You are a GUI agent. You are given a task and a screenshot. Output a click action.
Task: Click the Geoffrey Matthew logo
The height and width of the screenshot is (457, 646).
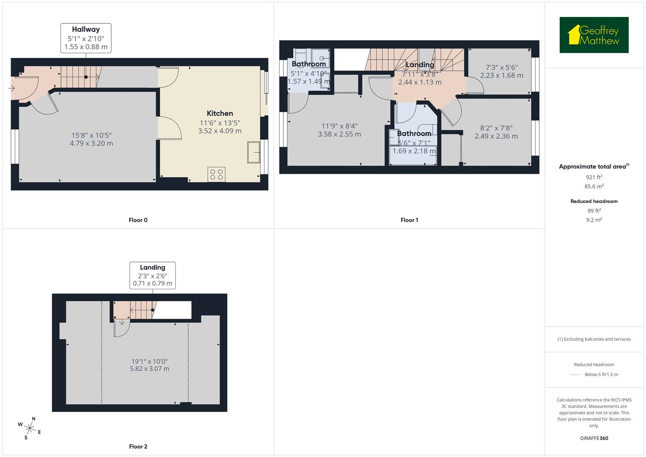[x=594, y=35]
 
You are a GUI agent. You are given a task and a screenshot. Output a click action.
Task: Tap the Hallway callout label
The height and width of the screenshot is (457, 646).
[x=86, y=38]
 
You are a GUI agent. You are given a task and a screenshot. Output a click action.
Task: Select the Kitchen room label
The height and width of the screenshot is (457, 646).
[x=220, y=113]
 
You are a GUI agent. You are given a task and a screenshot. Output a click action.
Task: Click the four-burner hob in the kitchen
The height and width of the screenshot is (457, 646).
[x=216, y=175]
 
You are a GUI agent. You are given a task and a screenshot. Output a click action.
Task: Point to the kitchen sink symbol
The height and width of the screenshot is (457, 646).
[x=254, y=152]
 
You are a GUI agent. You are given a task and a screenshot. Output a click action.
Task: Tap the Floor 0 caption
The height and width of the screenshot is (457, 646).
[x=138, y=220]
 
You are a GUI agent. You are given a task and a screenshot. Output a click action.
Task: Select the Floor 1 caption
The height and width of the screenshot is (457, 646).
[x=409, y=220]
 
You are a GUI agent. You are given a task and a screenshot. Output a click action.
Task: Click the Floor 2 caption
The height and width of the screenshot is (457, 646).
[x=138, y=446]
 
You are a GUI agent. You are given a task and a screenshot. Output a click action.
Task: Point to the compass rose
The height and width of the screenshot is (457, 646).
[x=30, y=428]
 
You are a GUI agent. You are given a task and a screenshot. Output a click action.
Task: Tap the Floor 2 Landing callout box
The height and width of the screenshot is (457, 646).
[x=152, y=275]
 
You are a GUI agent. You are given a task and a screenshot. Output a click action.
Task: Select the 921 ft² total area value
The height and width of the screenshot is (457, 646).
[x=594, y=177]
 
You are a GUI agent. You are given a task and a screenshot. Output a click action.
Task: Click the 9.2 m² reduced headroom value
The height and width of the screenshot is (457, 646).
[x=594, y=220]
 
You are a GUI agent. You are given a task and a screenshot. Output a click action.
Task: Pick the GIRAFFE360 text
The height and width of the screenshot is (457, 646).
[x=594, y=438]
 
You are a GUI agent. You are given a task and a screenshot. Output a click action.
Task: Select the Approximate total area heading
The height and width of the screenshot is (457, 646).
[x=594, y=166]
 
